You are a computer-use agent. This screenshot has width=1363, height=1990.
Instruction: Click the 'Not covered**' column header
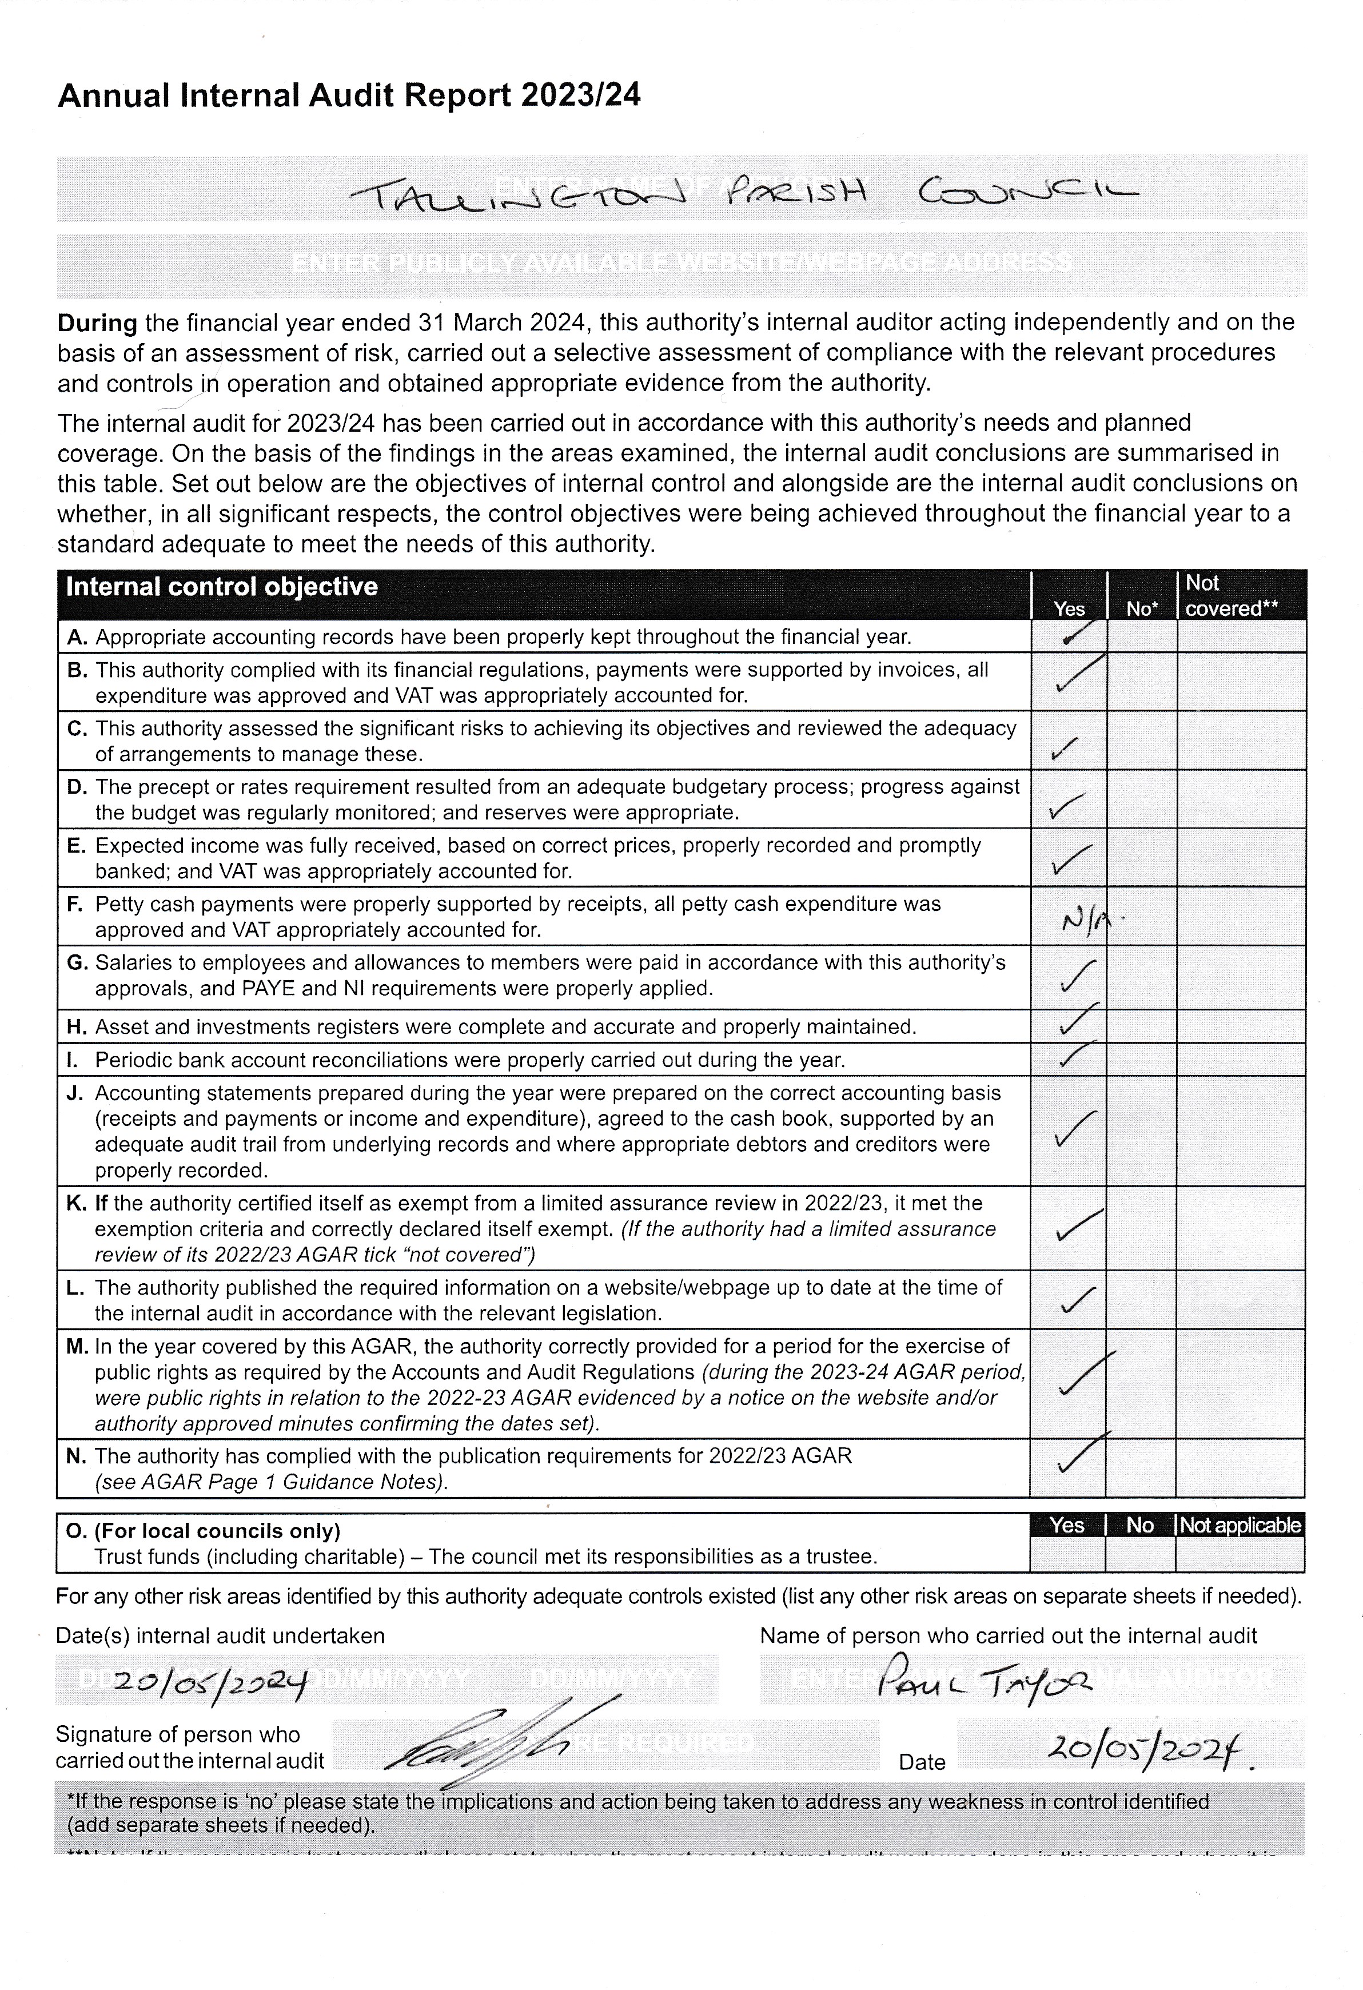click(1230, 596)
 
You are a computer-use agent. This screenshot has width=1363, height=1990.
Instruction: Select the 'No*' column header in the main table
click(1141, 609)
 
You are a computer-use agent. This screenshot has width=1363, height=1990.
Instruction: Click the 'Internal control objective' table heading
click(222, 587)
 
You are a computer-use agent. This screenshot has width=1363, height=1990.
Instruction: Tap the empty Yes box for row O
click(1067, 1554)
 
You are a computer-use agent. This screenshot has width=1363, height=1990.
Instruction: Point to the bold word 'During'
click(97, 324)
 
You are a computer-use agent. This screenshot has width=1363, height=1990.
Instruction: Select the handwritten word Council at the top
click(1027, 194)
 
